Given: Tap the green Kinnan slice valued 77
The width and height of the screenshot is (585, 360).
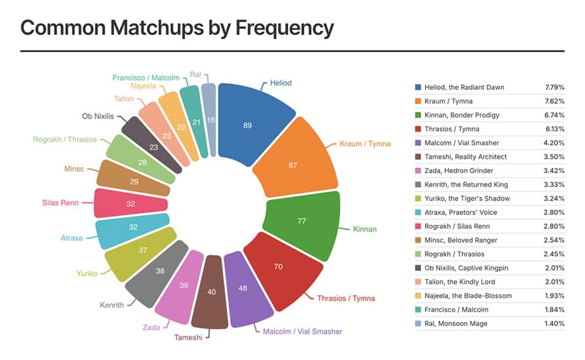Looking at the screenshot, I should click(x=302, y=222).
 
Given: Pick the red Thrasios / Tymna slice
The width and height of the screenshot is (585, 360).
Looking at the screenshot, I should click(x=277, y=268).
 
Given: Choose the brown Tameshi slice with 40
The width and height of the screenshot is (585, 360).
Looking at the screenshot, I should click(x=211, y=292).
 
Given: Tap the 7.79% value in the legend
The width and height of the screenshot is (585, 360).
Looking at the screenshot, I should click(x=555, y=87).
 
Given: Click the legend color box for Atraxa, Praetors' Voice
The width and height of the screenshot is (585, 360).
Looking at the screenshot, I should click(x=418, y=212).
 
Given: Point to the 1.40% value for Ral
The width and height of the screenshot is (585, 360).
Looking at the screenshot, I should click(x=555, y=324).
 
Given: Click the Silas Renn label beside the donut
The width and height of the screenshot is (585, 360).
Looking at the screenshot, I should click(x=60, y=203).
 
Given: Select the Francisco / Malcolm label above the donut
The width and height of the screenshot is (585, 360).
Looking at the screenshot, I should click(x=146, y=77).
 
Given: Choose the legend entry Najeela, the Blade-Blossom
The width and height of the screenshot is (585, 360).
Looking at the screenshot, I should click(x=468, y=296).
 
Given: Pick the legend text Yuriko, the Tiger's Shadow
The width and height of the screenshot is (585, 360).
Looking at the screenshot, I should click(x=467, y=199).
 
